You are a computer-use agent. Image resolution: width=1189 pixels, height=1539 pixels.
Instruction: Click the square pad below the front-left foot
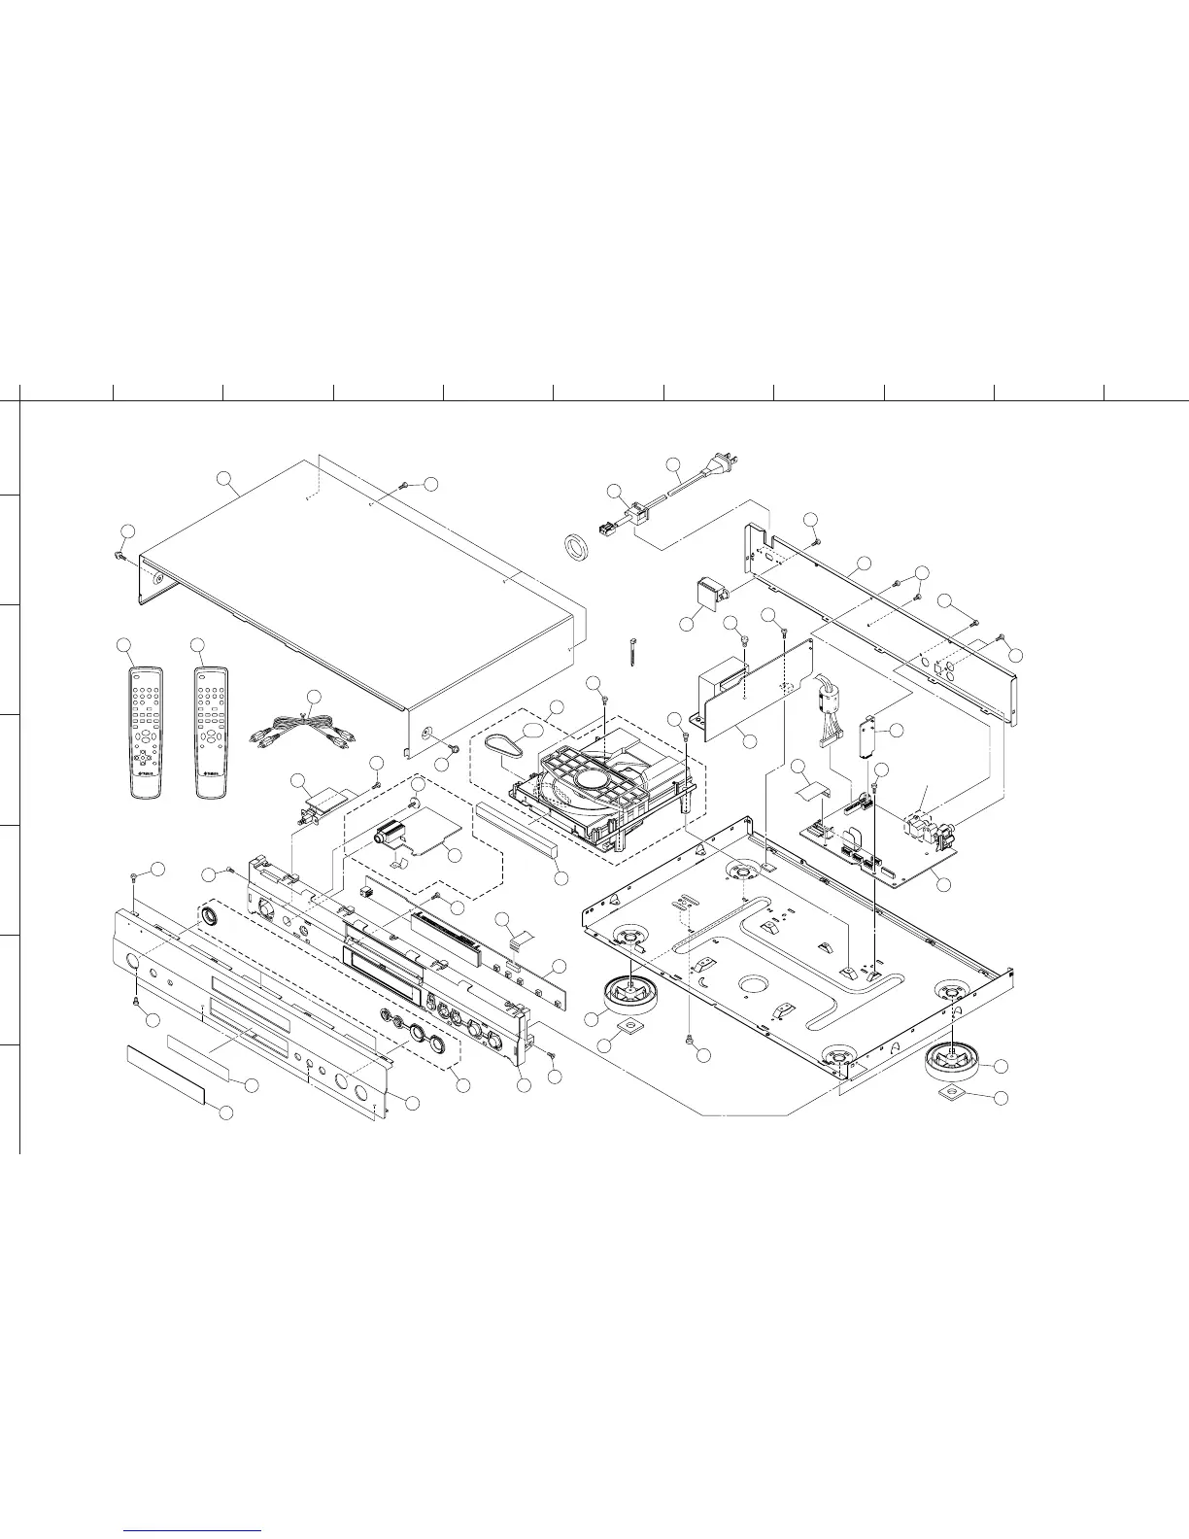tap(630, 1025)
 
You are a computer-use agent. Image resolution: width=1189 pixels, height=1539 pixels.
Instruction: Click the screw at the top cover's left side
tap(119, 556)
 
